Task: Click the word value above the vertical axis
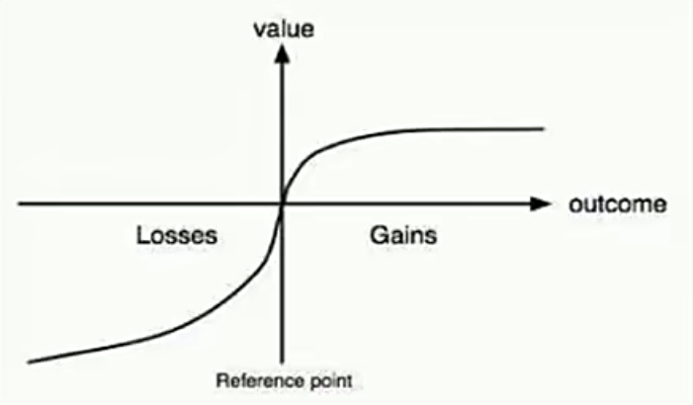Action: pyautogui.click(x=284, y=30)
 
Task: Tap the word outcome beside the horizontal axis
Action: pyautogui.click(x=618, y=204)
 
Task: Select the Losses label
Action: pyautogui.click(x=177, y=235)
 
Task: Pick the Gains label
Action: pyautogui.click(x=403, y=235)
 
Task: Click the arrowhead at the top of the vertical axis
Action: pyautogui.click(x=282, y=54)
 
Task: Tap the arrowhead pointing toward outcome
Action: pyautogui.click(x=541, y=203)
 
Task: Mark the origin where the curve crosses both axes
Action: pyautogui.click(x=282, y=203)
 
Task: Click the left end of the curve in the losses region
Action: pyautogui.click(x=30, y=363)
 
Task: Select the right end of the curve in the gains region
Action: pyautogui.click(x=543, y=129)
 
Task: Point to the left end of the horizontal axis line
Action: pyautogui.click(x=19, y=203)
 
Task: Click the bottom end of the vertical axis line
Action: pyautogui.click(x=282, y=363)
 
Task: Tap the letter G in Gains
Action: pyautogui.click(x=379, y=235)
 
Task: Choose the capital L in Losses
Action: pyautogui.click(x=142, y=235)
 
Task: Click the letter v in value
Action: pyautogui.click(x=259, y=31)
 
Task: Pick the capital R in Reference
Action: pyautogui.click(x=221, y=380)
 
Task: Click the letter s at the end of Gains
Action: pyautogui.click(x=432, y=238)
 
